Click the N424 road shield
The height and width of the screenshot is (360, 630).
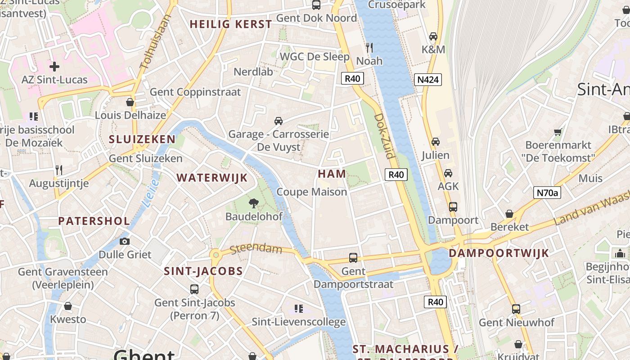point(427,80)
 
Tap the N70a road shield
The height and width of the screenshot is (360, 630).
point(547,193)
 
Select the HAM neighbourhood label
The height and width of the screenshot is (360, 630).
point(332,174)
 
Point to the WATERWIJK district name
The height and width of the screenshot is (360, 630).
point(212,178)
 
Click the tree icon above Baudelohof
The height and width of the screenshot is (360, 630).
point(254,203)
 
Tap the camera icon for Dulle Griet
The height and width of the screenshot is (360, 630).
point(125,242)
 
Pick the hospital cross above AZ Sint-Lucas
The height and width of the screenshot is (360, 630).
point(54,67)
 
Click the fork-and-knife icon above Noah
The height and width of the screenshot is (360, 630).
point(369,47)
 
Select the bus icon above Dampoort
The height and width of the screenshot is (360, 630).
point(453,207)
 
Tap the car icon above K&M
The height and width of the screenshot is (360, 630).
point(433,36)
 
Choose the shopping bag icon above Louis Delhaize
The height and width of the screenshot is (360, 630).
point(130,103)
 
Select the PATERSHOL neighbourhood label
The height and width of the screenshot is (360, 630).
point(94,221)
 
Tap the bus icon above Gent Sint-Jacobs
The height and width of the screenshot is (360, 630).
point(194,289)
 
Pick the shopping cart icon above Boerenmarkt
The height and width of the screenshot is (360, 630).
point(558,132)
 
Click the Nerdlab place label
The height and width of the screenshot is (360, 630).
point(253,72)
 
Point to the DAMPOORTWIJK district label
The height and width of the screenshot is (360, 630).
point(499,253)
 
